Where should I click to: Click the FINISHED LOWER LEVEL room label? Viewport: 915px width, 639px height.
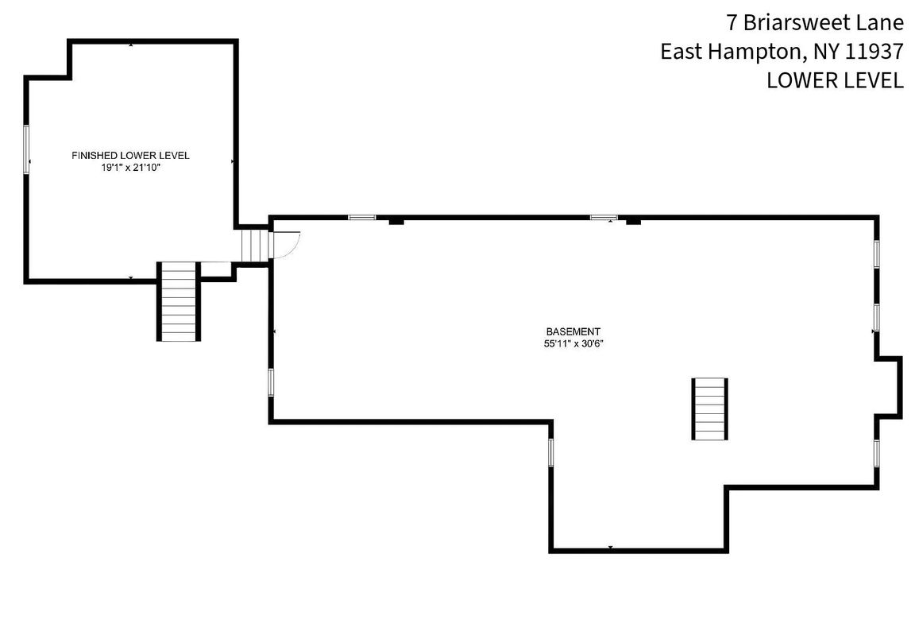tap(130, 155)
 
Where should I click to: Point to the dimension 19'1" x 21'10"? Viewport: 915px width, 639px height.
tap(130, 168)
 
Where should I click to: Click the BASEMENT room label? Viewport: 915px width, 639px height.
tap(573, 331)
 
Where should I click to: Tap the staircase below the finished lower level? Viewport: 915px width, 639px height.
tap(179, 302)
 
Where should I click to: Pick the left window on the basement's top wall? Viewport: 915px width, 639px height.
tap(362, 217)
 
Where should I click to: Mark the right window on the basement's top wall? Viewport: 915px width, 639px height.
tap(603, 217)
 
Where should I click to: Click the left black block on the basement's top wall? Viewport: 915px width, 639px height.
tap(396, 222)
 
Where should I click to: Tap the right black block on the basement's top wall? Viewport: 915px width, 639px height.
tap(633, 222)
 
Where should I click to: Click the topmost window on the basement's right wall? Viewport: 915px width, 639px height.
tap(876, 254)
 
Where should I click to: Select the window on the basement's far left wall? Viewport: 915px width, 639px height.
tap(271, 382)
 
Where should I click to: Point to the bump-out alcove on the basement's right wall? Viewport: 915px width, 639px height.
tap(890, 386)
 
